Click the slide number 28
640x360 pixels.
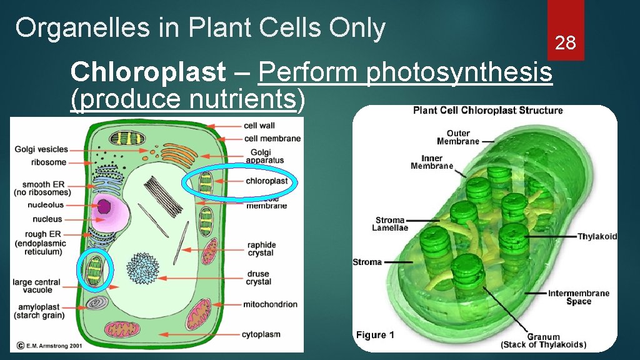click(x=565, y=42)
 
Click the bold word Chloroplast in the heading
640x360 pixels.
click(x=148, y=73)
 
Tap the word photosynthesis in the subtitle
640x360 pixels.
click(x=459, y=73)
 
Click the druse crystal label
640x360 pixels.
click(x=259, y=277)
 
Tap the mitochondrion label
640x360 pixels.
click(x=270, y=304)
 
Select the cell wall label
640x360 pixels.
click(x=259, y=126)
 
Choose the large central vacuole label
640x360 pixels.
click(x=37, y=286)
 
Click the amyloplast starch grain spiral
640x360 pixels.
click(x=96, y=303)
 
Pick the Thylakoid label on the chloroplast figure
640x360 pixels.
click(x=597, y=236)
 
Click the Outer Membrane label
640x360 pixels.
click(x=458, y=137)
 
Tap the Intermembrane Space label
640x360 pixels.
click(x=578, y=297)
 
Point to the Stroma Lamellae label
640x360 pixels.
click(x=391, y=224)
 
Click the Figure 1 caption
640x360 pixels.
click(x=375, y=335)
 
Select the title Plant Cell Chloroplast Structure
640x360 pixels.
click(x=487, y=111)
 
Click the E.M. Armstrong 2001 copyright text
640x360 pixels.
click(x=50, y=345)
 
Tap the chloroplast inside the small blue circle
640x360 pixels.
click(x=96, y=270)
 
